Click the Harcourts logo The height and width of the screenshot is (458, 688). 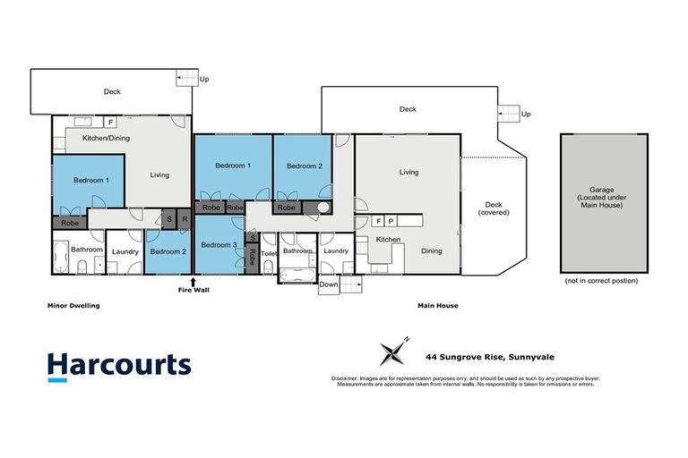tap(119, 365)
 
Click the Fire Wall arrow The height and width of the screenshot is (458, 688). tap(193, 282)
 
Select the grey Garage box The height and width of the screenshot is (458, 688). tap(604, 203)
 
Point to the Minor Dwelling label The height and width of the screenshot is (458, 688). tap(73, 306)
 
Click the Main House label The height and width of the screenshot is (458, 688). tap(437, 306)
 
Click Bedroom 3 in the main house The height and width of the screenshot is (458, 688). tap(219, 245)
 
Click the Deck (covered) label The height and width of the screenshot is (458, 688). tap(492, 208)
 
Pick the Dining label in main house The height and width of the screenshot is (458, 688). tap(432, 251)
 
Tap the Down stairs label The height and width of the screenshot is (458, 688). tap(329, 284)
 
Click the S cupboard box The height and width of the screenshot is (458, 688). tap(168, 218)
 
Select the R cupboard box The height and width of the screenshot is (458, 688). tap(184, 218)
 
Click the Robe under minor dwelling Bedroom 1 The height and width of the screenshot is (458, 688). tap(69, 223)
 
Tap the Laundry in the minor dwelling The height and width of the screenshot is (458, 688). tap(125, 251)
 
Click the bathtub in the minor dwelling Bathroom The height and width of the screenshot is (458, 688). tap(61, 258)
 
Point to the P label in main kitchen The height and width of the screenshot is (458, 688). tap(391, 220)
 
